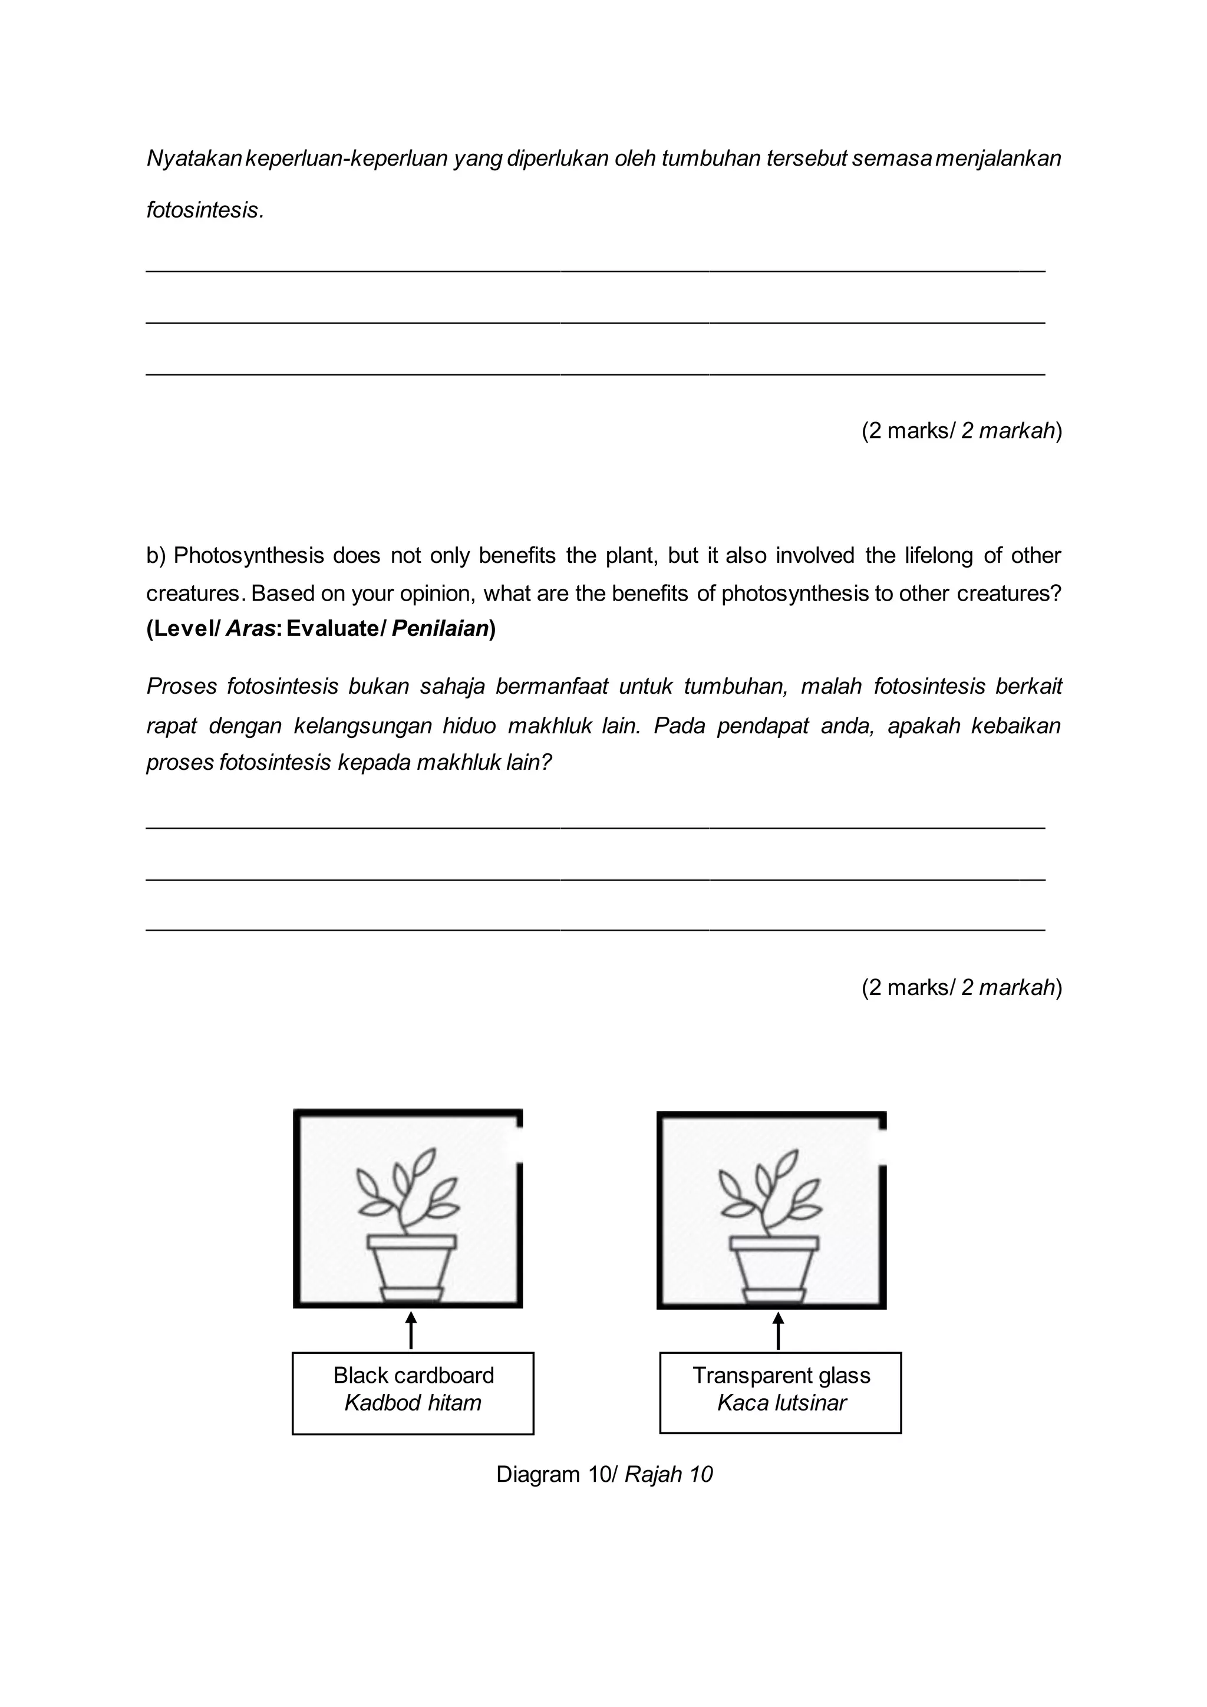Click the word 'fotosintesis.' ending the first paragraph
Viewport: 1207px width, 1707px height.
click(x=205, y=210)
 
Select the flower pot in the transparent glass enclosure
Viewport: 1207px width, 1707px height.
click(x=774, y=1268)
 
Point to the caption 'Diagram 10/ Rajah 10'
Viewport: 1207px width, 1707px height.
click(x=604, y=1474)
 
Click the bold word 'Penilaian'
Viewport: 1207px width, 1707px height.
click(x=440, y=629)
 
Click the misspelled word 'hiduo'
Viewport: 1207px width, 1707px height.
click(x=469, y=726)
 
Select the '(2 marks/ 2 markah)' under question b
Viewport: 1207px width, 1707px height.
click(x=962, y=987)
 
